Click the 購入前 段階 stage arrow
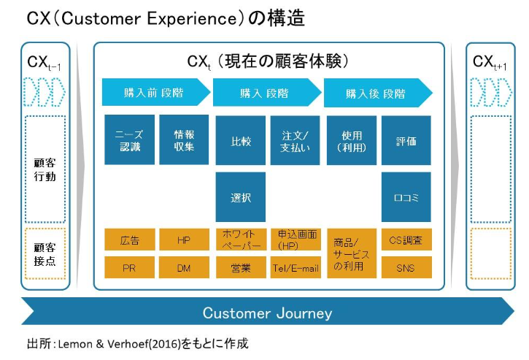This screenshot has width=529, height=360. point(156,92)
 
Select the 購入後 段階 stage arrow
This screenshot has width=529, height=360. point(378,93)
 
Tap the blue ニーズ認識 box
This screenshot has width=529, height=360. point(130,139)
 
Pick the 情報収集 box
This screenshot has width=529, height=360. point(184,139)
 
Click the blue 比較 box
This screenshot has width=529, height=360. point(241,140)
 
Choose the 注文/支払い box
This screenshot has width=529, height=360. point(295,140)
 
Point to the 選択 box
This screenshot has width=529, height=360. point(241,197)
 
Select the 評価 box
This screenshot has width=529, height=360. point(406,140)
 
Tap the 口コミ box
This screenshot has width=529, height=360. point(406,197)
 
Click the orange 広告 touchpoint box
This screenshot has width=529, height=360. point(130,240)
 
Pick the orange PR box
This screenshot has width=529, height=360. point(130,267)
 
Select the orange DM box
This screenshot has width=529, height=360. point(184,267)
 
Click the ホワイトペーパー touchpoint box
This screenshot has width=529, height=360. point(242,240)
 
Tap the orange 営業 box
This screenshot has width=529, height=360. point(241,267)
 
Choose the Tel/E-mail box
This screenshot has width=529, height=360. point(296,267)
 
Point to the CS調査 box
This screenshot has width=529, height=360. point(406,240)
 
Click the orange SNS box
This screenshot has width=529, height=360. point(406,267)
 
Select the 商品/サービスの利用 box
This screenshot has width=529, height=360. point(352,253)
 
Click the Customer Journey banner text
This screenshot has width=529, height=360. point(268,313)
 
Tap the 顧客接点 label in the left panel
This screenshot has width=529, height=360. point(45,254)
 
